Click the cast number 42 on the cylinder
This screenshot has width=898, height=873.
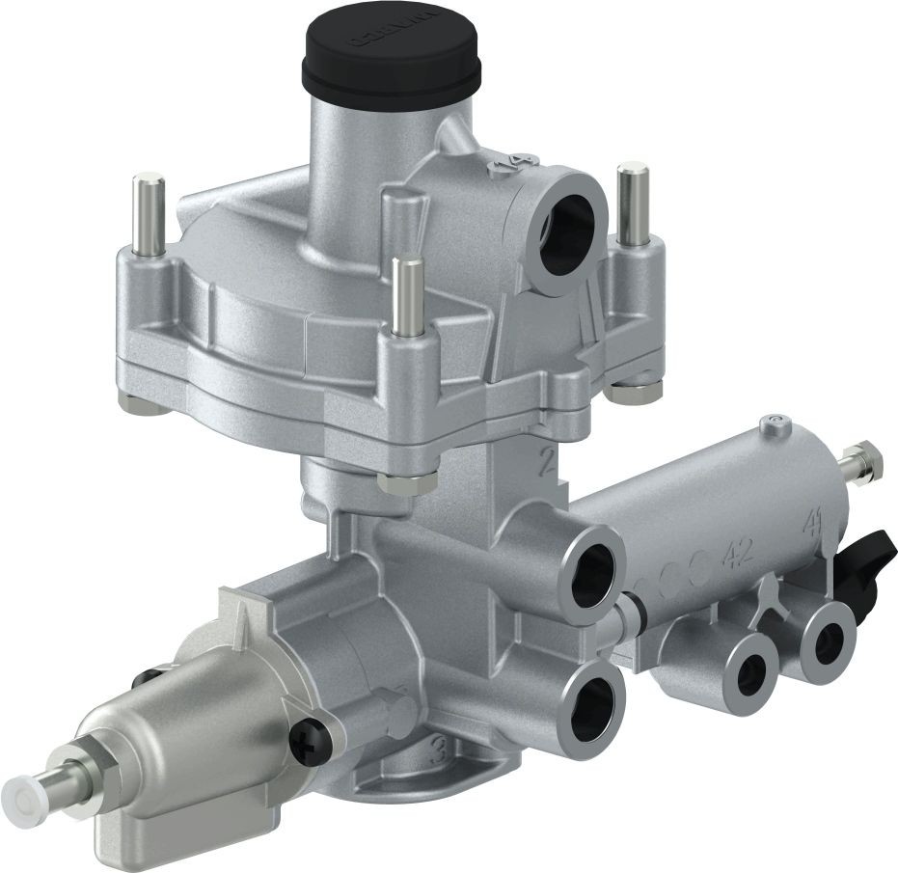click(x=738, y=553)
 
